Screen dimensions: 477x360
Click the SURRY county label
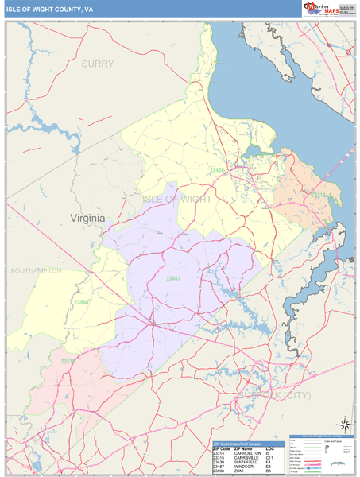pos(98,63)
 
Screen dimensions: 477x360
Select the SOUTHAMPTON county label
pos(36,271)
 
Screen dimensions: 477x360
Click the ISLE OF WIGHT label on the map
pos(176,199)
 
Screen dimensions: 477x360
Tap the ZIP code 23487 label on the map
pos(173,278)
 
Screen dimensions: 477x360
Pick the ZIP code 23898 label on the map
pos(83,302)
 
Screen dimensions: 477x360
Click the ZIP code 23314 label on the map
pos(318,194)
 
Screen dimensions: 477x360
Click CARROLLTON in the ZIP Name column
pos(247,452)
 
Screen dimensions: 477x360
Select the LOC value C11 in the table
pos(270,457)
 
